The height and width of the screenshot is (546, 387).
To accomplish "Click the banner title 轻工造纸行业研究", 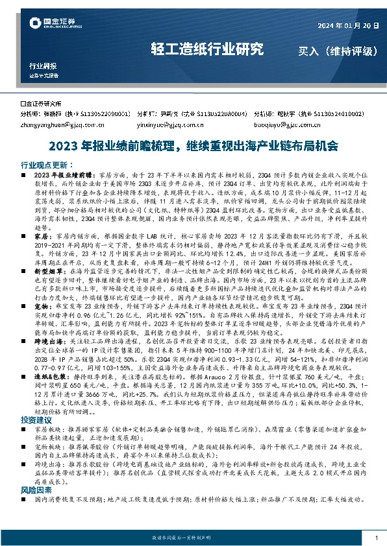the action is [207, 49].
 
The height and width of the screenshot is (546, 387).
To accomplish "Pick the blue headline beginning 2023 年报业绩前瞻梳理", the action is [193, 147].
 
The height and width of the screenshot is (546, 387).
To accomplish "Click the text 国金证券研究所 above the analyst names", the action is [42, 103].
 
